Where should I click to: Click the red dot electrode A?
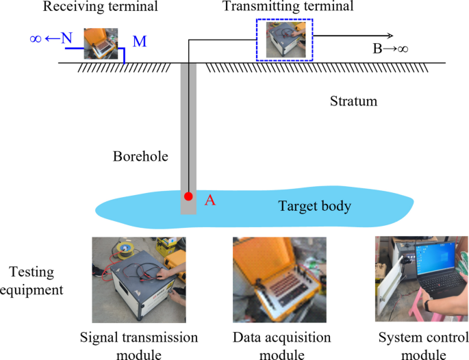pos(188,196)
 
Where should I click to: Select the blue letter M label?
pos(140,42)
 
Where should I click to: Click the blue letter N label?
pos(66,38)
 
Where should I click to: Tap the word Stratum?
pos(353,102)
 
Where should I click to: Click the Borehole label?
pos(136,156)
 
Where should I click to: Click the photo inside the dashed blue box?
pos(285,39)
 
